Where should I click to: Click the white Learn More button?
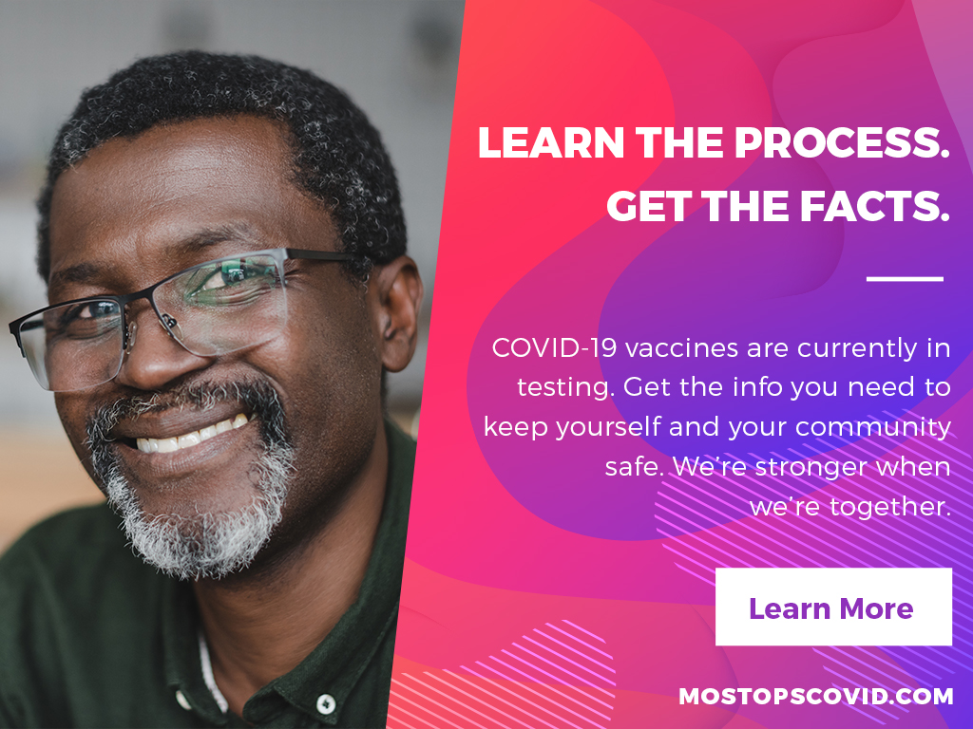tap(833, 607)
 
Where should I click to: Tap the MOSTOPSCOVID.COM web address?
tap(816, 696)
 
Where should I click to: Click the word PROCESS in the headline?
tap(842, 142)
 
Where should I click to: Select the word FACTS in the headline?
tap(875, 206)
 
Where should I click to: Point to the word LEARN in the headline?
tap(551, 142)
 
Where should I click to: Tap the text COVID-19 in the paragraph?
tap(554, 347)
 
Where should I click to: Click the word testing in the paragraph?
tap(566, 388)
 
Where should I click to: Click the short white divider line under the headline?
tap(905, 279)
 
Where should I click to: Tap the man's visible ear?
tap(399, 313)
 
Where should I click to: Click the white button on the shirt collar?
tap(325, 704)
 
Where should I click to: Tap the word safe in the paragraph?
tap(634, 467)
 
